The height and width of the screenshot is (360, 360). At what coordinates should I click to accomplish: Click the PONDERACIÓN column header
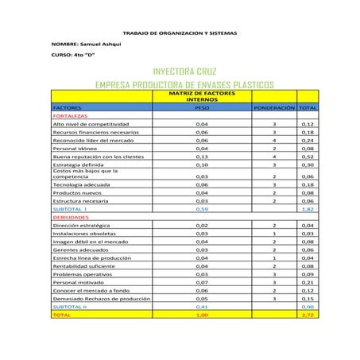click(273, 106)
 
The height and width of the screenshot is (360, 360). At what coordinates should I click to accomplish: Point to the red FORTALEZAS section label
click(69, 115)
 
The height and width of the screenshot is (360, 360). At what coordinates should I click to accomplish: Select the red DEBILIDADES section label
click(70, 216)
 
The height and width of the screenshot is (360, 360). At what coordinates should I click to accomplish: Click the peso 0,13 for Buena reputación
click(201, 157)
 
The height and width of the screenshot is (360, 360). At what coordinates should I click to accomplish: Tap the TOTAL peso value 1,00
click(201, 315)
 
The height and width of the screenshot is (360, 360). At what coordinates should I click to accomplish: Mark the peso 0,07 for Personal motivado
click(201, 281)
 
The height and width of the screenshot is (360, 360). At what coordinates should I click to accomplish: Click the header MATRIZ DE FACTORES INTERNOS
click(201, 95)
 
